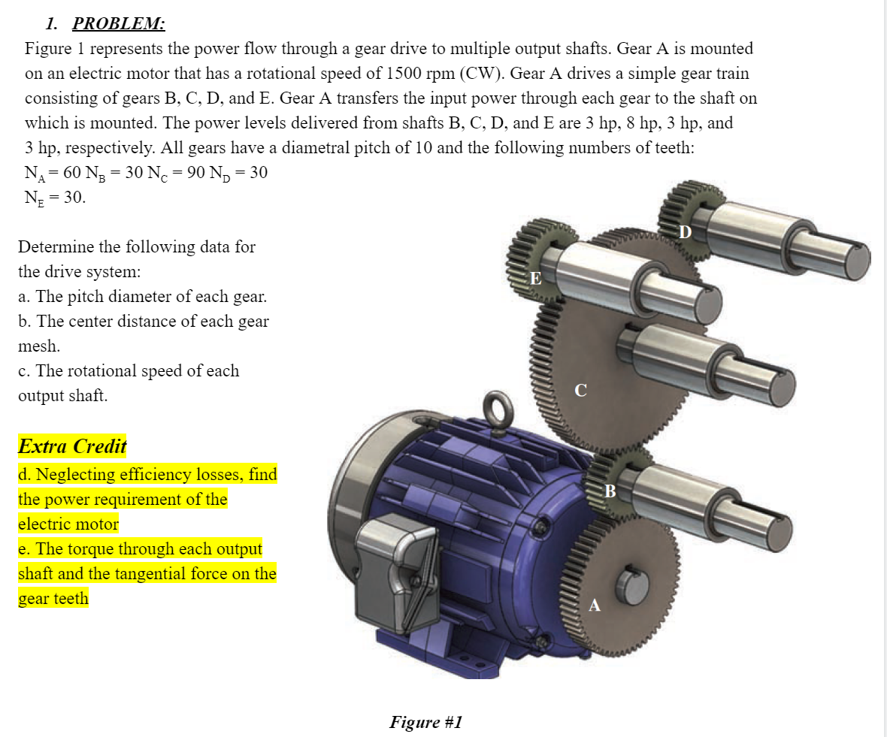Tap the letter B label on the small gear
coord(610,491)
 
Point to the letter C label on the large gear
coord(580,390)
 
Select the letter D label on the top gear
coord(683,232)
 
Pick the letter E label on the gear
coord(535,278)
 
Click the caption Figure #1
coord(425,722)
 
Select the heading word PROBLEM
coord(118,23)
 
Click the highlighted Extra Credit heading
coord(72,446)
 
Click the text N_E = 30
coord(55,198)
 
